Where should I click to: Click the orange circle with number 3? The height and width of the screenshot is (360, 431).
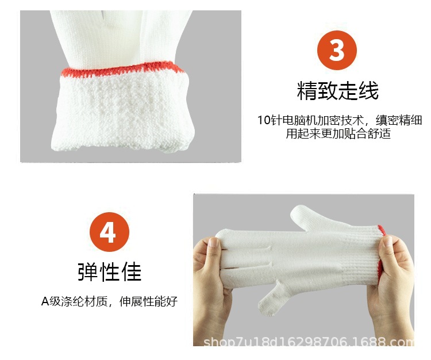pyautogui.click(x=337, y=51)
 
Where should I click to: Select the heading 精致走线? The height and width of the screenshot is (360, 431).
pyautogui.click(x=337, y=91)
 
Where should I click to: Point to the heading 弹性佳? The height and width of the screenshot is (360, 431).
pyautogui.click(x=110, y=271)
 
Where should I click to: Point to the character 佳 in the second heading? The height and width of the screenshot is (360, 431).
pyautogui.click(x=132, y=271)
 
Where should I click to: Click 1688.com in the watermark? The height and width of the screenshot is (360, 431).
pyautogui.click(x=391, y=343)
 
